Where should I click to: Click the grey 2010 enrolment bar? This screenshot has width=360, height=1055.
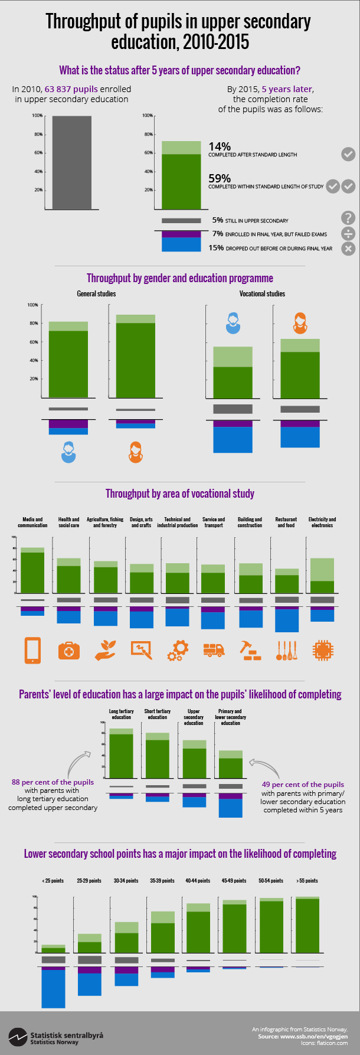coord(71,162)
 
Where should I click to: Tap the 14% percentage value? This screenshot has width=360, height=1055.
coord(220,146)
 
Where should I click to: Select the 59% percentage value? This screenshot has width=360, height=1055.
coord(220,178)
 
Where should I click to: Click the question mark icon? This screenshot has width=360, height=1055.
coord(348,218)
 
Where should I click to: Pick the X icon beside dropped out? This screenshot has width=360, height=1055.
coord(348,249)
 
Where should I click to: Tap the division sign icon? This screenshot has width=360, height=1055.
coord(348,233)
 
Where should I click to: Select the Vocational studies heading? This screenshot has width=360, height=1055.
coord(262,293)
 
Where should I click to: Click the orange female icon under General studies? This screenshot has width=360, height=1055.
coord(136,452)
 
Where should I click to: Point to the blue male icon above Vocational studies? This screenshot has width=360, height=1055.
coord(233,323)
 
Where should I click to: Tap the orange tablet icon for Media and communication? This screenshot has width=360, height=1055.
coord(32,650)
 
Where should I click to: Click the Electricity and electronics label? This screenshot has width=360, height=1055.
coord(322,522)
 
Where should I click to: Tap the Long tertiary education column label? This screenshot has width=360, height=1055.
coord(122,714)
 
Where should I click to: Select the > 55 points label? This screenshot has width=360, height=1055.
coord(307,880)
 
